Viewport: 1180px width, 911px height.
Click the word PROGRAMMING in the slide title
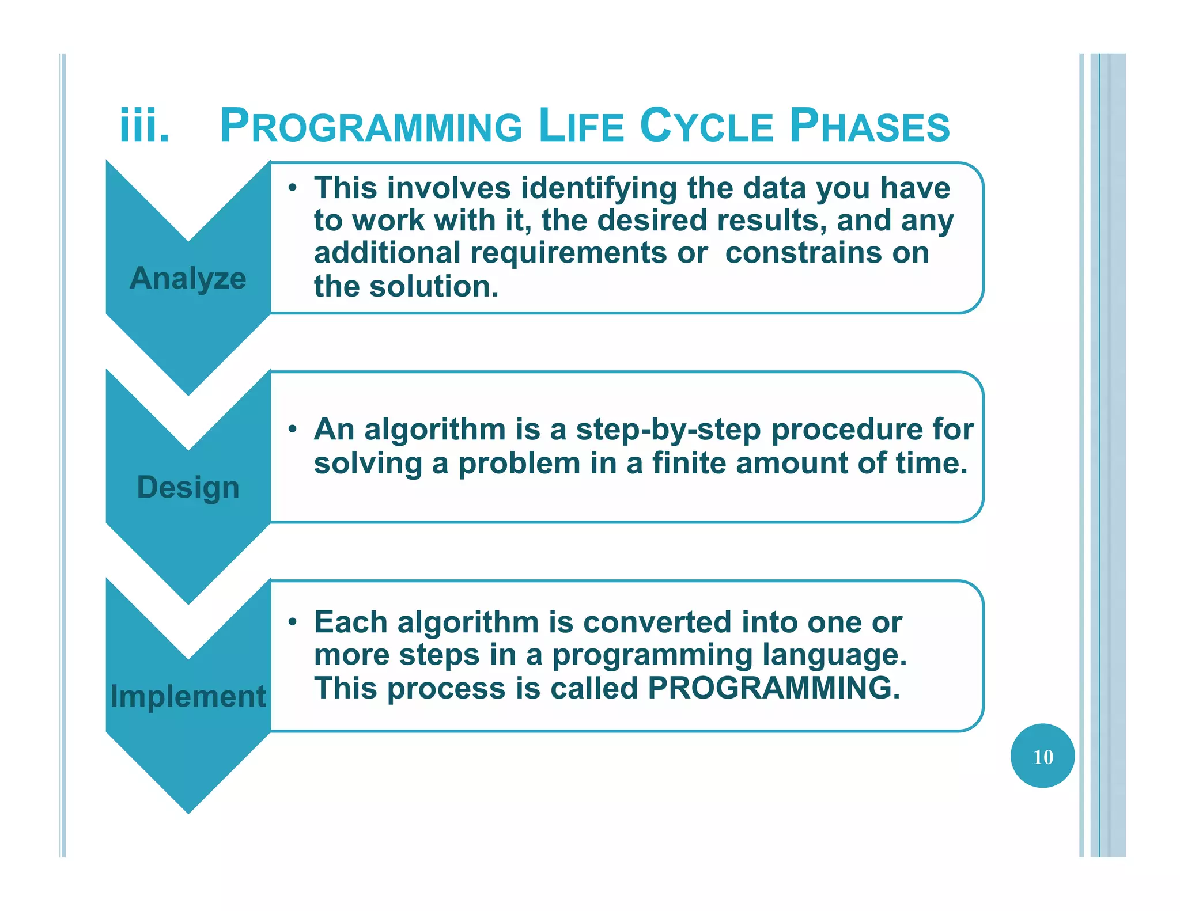[371, 126]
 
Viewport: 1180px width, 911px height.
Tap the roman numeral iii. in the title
[145, 126]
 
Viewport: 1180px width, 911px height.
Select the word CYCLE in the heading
[706, 126]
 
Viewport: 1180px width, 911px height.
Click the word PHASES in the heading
[869, 126]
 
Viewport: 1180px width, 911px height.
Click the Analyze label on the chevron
[188, 279]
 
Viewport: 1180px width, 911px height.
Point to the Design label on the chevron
[188, 487]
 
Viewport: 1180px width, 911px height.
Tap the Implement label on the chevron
[188, 696]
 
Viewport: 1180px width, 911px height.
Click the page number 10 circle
[1042, 756]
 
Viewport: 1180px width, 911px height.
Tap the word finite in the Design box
[689, 463]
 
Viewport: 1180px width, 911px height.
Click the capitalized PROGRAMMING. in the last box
[773, 688]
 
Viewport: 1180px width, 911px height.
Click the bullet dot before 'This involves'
[293, 188]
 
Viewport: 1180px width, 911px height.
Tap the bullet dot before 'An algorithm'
[293, 429]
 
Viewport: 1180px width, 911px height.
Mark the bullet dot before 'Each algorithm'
[293, 622]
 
